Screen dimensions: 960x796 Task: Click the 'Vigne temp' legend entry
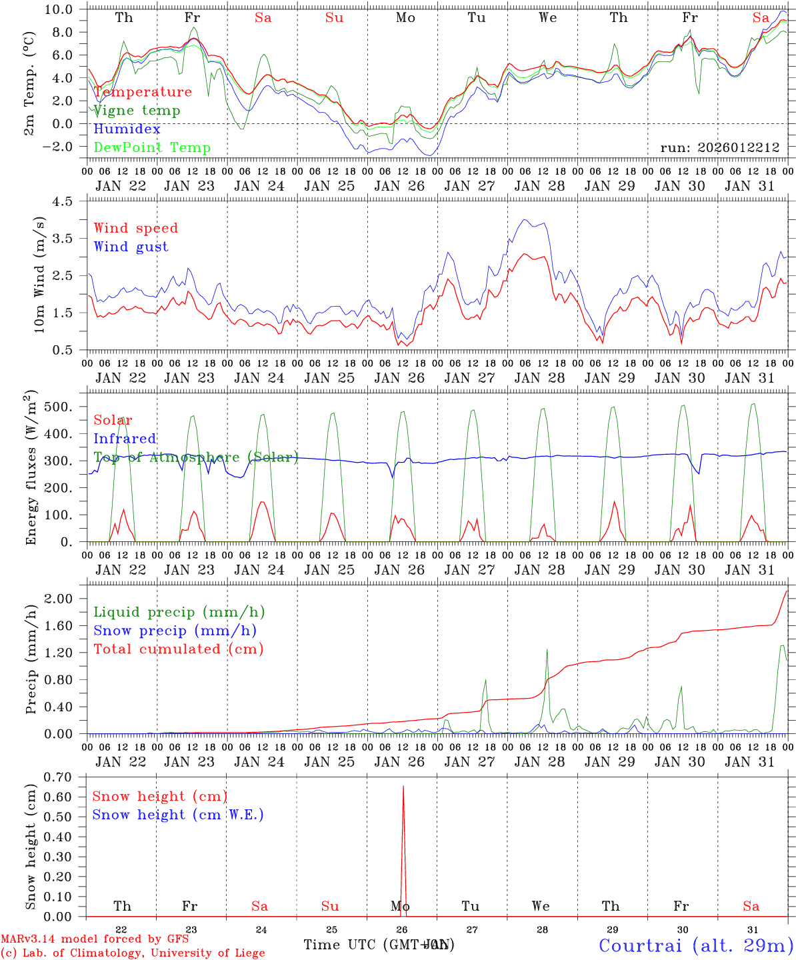coord(137,111)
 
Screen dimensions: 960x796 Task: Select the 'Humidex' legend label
coord(127,129)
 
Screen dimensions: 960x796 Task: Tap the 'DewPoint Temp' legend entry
coord(152,148)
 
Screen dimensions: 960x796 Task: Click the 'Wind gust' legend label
coord(131,247)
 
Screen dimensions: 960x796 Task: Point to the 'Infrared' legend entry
coord(125,439)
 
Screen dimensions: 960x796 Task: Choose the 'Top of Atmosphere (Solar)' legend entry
coord(195,457)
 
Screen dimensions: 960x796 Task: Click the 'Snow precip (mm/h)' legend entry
coord(175,631)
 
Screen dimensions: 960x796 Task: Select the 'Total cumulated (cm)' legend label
coord(178,649)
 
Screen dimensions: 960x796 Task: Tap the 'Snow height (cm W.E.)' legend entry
coord(177,815)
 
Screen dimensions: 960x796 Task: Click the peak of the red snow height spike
coord(403,787)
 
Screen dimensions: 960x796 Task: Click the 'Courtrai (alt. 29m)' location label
coord(695,945)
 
